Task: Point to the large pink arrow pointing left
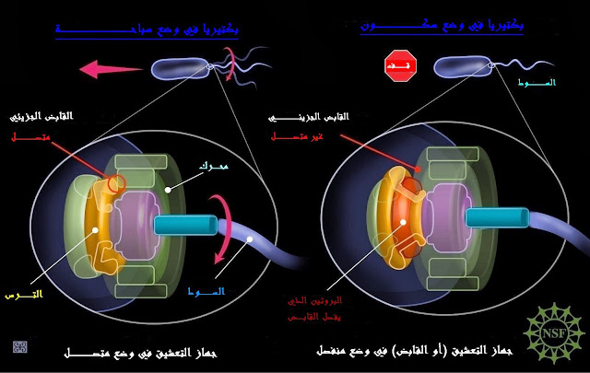coord(108,67)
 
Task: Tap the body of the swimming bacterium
coord(180,68)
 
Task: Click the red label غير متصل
coord(294,136)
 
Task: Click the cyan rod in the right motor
coord(496,217)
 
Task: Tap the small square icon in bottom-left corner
coord(19,346)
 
